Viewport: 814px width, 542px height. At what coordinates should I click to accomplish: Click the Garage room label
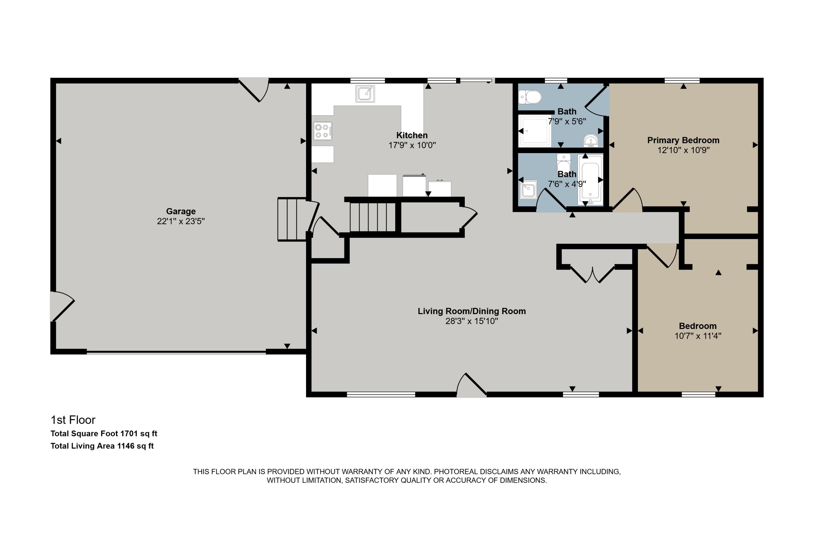click(x=181, y=211)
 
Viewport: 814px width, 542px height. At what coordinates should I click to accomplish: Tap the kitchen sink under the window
click(x=365, y=93)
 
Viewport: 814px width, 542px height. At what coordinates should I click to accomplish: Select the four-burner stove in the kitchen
click(x=323, y=131)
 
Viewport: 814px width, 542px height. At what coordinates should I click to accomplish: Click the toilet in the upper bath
click(x=530, y=97)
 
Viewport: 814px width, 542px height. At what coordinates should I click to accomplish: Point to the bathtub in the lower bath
click(x=590, y=180)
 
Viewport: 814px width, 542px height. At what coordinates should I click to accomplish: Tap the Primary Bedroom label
click(x=683, y=140)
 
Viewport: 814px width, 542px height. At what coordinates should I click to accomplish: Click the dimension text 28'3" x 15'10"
click(x=471, y=321)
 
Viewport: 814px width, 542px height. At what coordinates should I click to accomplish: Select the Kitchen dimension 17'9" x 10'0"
click(x=412, y=145)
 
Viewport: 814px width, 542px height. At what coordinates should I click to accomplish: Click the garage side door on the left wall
click(x=62, y=306)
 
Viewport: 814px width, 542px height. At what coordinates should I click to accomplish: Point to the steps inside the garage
click(x=292, y=219)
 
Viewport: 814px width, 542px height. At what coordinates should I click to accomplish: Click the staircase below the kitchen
click(x=373, y=217)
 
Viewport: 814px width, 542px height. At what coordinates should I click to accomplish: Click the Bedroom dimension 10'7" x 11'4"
click(x=698, y=336)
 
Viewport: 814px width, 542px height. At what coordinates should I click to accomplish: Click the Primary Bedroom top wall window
click(x=682, y=80)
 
